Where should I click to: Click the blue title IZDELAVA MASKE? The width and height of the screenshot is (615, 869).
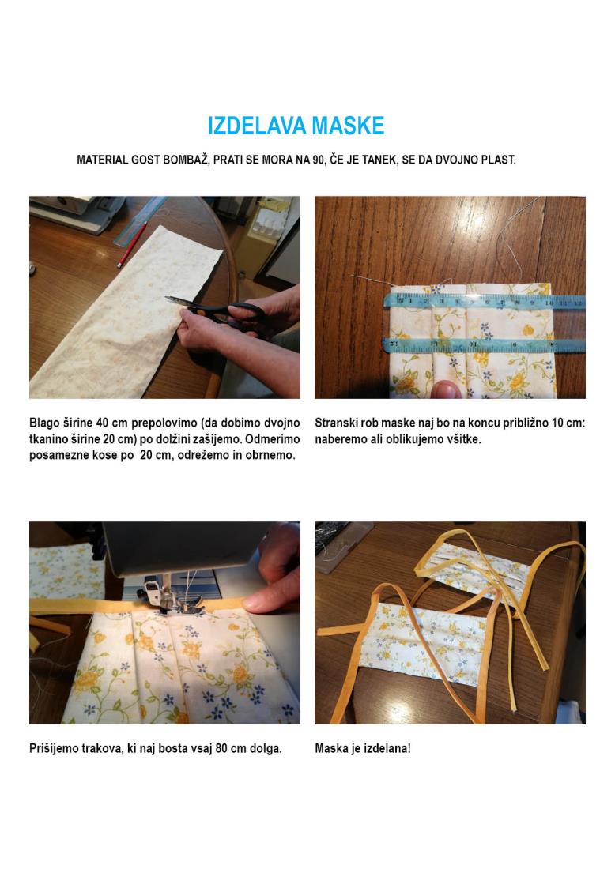(x=296, y=126)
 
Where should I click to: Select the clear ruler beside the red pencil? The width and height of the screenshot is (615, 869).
(x=141, y=220)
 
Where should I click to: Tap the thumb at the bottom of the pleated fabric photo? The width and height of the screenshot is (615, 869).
(x=447, y=389)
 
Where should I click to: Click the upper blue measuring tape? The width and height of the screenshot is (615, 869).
(x=484, y=302)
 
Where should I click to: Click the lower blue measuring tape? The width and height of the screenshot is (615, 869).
(x=484, y=344)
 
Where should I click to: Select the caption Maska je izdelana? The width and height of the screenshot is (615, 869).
(x=364, y=748)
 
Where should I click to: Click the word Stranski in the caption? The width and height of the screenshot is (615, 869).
(x=336, y=423)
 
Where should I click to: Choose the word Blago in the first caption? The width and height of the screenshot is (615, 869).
(x=44, y=423)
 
